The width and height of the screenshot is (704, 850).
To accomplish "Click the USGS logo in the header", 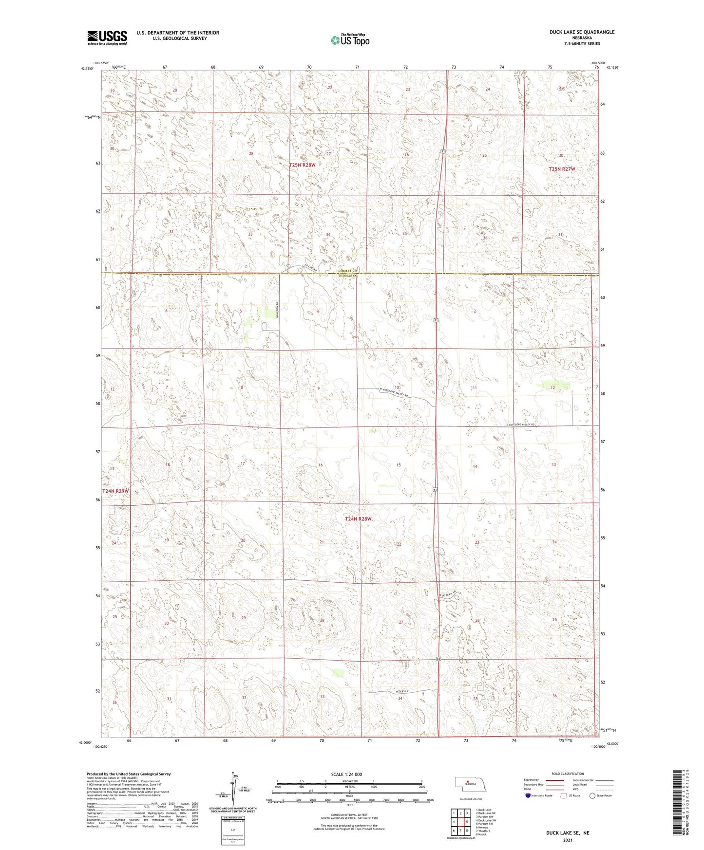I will click(107, 37).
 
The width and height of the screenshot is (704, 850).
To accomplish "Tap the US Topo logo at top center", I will click(349, 40).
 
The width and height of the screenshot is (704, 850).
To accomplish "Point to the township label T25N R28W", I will click(303, 165).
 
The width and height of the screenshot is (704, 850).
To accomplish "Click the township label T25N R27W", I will click(562, 169).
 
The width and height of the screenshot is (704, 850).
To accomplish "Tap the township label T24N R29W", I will click(115, 491).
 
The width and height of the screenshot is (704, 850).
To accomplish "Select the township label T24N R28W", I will click(358, 519).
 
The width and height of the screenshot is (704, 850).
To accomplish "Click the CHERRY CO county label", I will click(348, 271).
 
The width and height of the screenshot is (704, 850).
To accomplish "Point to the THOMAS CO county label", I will click(348, 276).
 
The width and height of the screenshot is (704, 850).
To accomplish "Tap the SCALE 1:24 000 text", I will click(346, 775).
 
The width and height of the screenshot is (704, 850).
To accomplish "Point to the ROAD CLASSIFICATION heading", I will click(568, 774).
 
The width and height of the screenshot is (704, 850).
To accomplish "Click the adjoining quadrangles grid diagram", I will click(460, 822).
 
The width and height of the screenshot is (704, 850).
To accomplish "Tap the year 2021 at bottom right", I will click(567, 840).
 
